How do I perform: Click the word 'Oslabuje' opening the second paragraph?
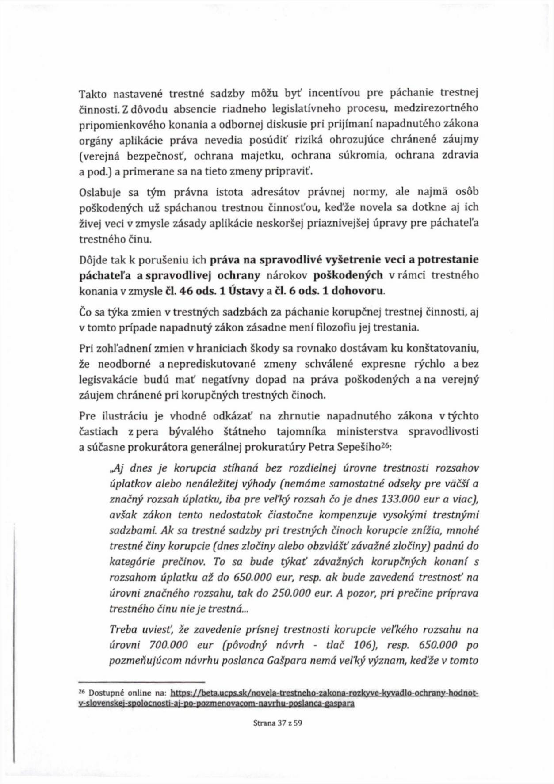click(x=95, y=193)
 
